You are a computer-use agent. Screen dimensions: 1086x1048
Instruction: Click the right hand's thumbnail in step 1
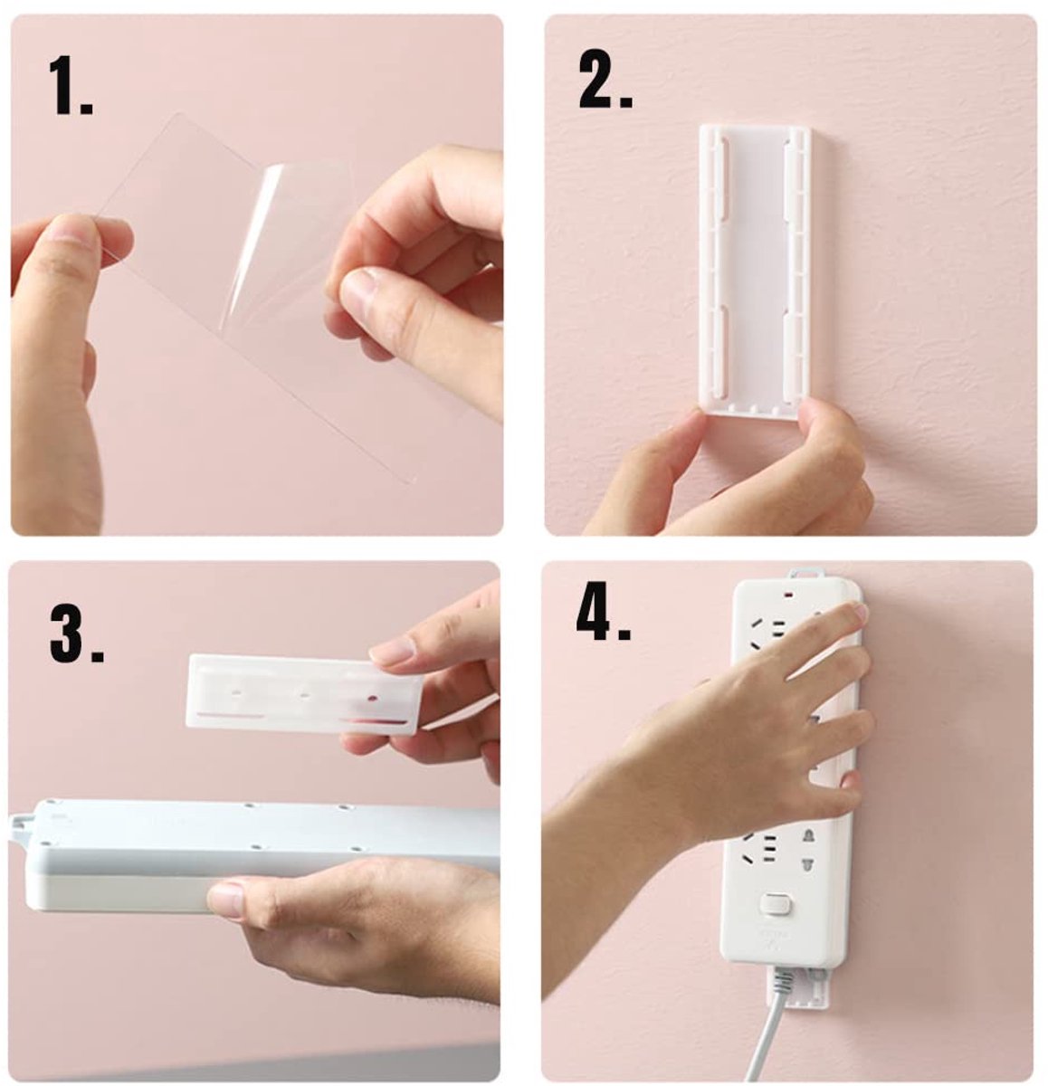click(357, 288)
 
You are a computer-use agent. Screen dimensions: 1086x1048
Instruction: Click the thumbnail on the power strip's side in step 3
click(226, 900)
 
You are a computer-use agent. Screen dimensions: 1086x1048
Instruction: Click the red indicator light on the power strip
click(792, 595)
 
